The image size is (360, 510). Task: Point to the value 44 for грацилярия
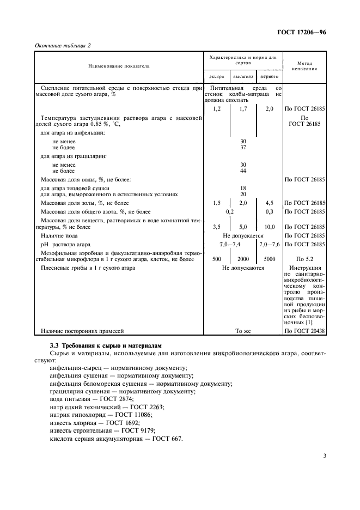point(243,171)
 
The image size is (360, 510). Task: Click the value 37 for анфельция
point(243,147)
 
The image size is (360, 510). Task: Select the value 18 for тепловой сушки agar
point(243,187)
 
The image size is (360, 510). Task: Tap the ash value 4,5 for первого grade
point(269,203)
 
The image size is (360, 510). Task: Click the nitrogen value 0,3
point(269,211)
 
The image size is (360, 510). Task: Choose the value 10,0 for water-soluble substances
point(269,227)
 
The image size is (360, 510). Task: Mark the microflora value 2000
point(243,259)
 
